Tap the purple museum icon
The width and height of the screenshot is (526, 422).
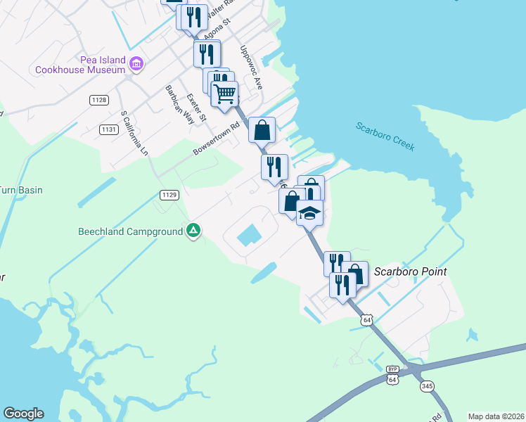pos(136,65)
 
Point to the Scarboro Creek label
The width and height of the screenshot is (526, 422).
pos(385,136)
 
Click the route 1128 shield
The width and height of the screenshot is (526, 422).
pos(99,101)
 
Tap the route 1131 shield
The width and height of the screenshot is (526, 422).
pos(108,129)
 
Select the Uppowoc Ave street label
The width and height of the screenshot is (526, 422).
pos(251,68)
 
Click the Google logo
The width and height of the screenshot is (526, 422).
pos(23,414)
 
